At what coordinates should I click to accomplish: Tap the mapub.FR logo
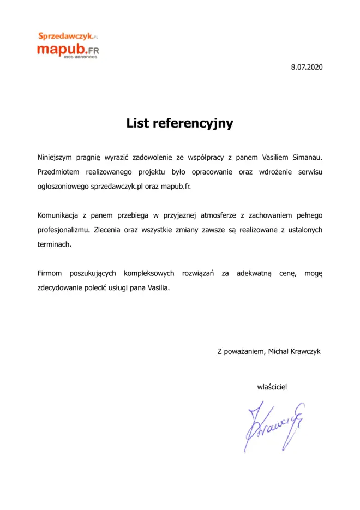pyautogui.click(x=68, y=50)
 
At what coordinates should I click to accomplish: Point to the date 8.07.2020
pyautogui.click(x=307, y=67)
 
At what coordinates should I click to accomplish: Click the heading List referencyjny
pyautogui.click(x=179, y=123)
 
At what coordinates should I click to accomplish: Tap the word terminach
pyautogui.click(x=54, y=244)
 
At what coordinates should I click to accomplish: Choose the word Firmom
pyautogui.click(x=50, y=273)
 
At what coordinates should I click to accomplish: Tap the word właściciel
pyautogui.click(x=272, y=387)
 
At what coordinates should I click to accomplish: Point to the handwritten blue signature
pyautogui.click(x=273, y=425)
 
